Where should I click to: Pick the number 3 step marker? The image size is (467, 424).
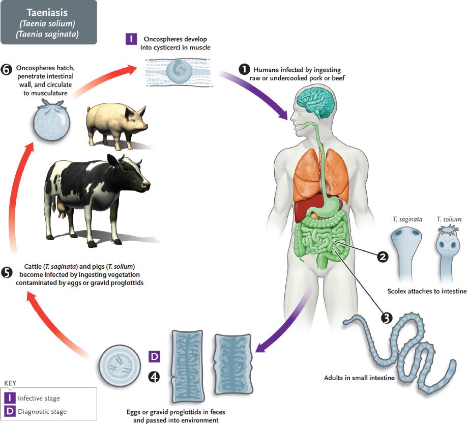point(386,318)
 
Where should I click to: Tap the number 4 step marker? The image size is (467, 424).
point(154,376)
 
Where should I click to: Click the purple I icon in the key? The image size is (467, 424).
point(10,398)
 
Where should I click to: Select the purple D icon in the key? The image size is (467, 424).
point(10,411)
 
